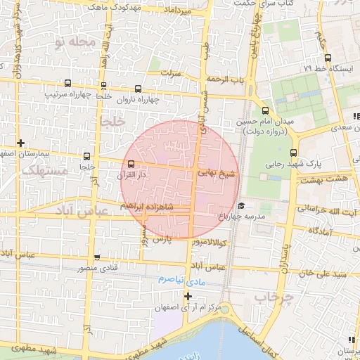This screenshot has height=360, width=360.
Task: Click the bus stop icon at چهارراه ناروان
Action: [x=137, y=89]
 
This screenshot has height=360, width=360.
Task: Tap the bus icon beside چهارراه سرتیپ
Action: [x=67, y=82]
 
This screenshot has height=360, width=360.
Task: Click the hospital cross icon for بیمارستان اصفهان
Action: [x=21, y=143]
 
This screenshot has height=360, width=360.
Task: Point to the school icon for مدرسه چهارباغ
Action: [x=241, y=206]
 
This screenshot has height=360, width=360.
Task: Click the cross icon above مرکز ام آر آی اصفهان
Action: [x=187, y=296]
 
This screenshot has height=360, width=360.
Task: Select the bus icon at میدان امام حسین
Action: [x=265, y=110]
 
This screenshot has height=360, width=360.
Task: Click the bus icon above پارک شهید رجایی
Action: [x=293, y=153]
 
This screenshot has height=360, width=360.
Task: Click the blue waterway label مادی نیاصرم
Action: [x=170, y=280]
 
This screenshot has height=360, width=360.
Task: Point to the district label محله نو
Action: [x=74, y=42]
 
